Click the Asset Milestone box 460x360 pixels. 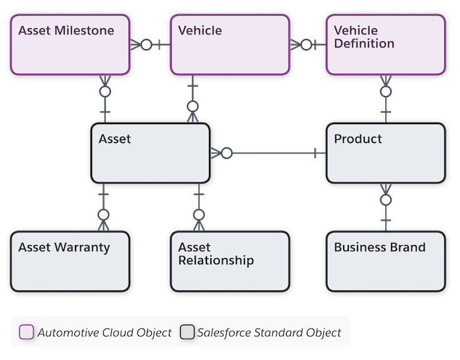click(68, 45)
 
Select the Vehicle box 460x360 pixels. click(229, 45)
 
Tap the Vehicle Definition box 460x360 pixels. click(386, 45)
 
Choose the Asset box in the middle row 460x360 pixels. click(150, 153)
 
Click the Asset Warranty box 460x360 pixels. click(68, 261)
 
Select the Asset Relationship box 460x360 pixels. click(229, 261)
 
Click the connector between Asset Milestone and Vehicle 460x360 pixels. click(149, 45)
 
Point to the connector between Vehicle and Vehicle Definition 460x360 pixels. click(307, 45)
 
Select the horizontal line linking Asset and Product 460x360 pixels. click(269, 154)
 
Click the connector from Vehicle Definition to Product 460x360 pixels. click(386, 99)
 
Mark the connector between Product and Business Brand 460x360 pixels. click(386, 207)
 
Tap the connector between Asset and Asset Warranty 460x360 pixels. click(103, 207)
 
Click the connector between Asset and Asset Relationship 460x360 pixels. click(198, 207)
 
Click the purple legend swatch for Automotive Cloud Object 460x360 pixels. click(26, 332)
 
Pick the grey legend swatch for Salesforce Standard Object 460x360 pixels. click(187, 332)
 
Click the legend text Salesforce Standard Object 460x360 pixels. click(269, 332)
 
